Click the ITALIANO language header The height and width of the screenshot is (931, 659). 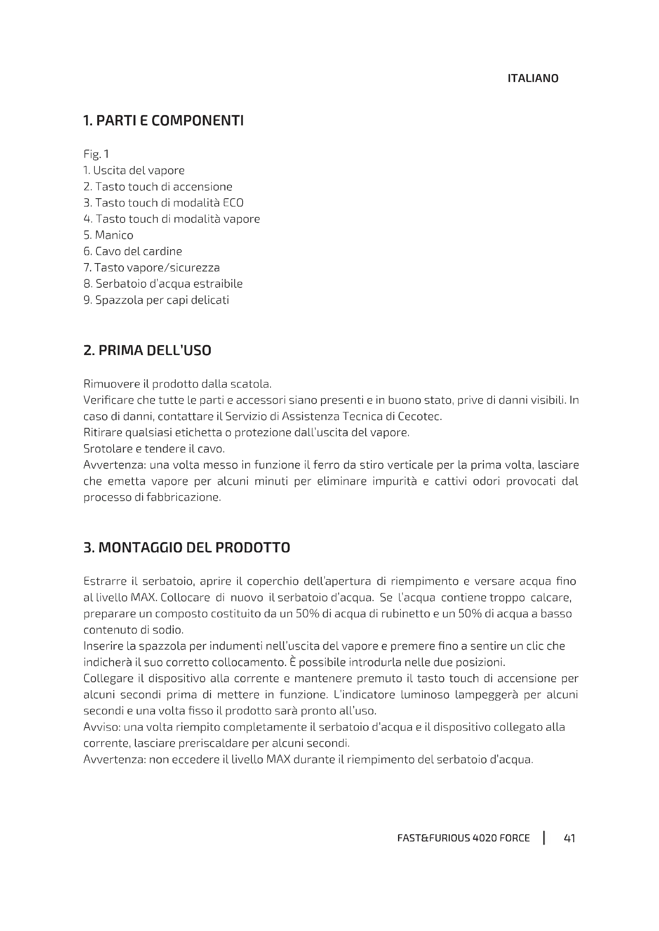(x=532, y=78)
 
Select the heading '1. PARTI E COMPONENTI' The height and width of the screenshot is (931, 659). (x=163, y=121)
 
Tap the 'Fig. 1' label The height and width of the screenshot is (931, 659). (x=96, y=154)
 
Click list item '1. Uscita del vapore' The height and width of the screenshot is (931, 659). (x=134, y=170)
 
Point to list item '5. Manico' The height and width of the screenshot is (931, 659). (x=108, y=235)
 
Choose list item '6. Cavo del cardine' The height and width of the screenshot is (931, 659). (x=133, y=252)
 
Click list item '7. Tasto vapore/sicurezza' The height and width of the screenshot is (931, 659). (x=151, y=267)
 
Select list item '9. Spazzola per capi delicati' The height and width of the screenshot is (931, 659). (x=156, y=300)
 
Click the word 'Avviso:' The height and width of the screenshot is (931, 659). (x=102, y=727)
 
